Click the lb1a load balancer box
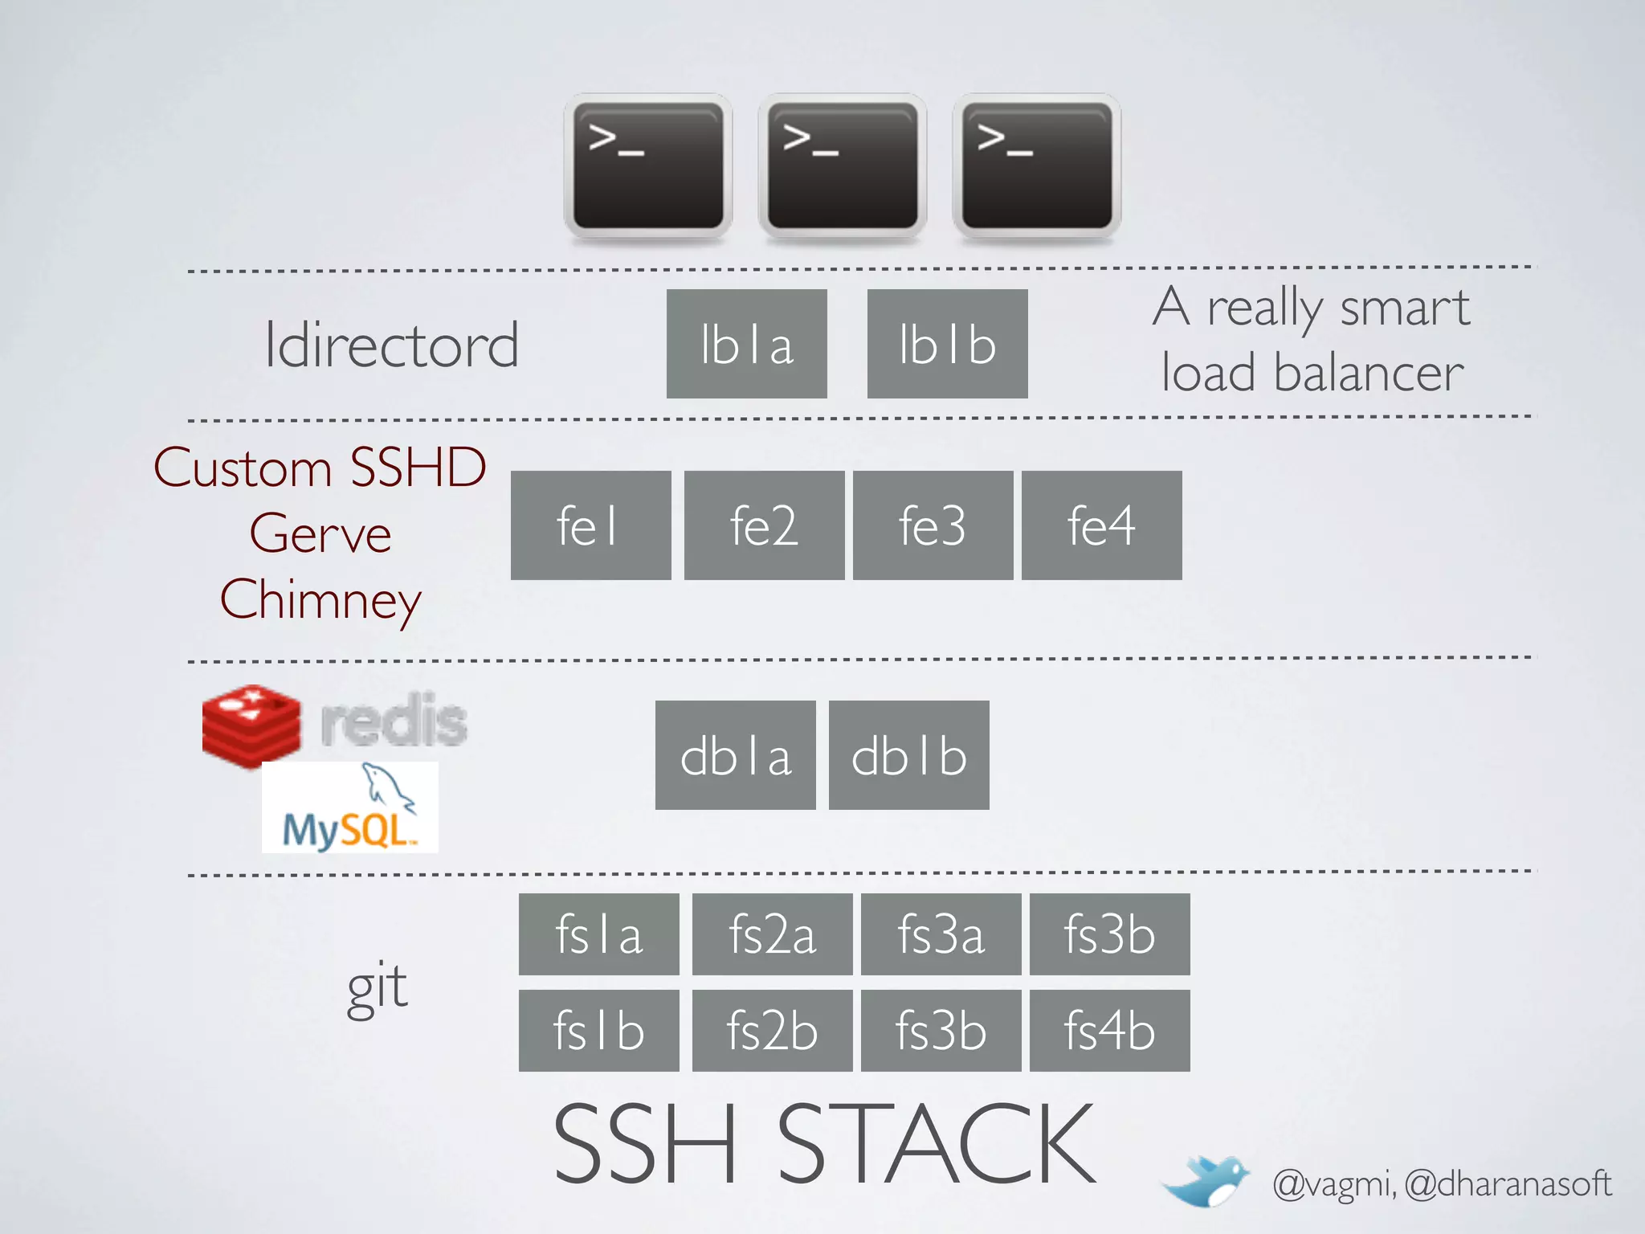[x=746, y=344]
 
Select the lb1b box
[x=947, y=344]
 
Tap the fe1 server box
[x=590, y=525]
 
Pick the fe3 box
[x=933, y=525]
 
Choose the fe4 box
[x=1101, y=525]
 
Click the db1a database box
[x=735, y=755]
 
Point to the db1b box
[x=908, y=755]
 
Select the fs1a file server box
[x=598, y=934]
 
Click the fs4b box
[x=1109, y=1031]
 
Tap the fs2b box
[x=772, y=1031]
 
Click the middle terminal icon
[x=843, y=166]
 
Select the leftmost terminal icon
[x=648, y=166]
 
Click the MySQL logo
[x=349, y=807]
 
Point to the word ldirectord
[x=391, y=345]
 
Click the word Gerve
[x=320, y=534]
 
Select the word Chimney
[x=320, y=600]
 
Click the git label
[x=377, y=987]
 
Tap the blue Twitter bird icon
[x=1205, y=1181]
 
